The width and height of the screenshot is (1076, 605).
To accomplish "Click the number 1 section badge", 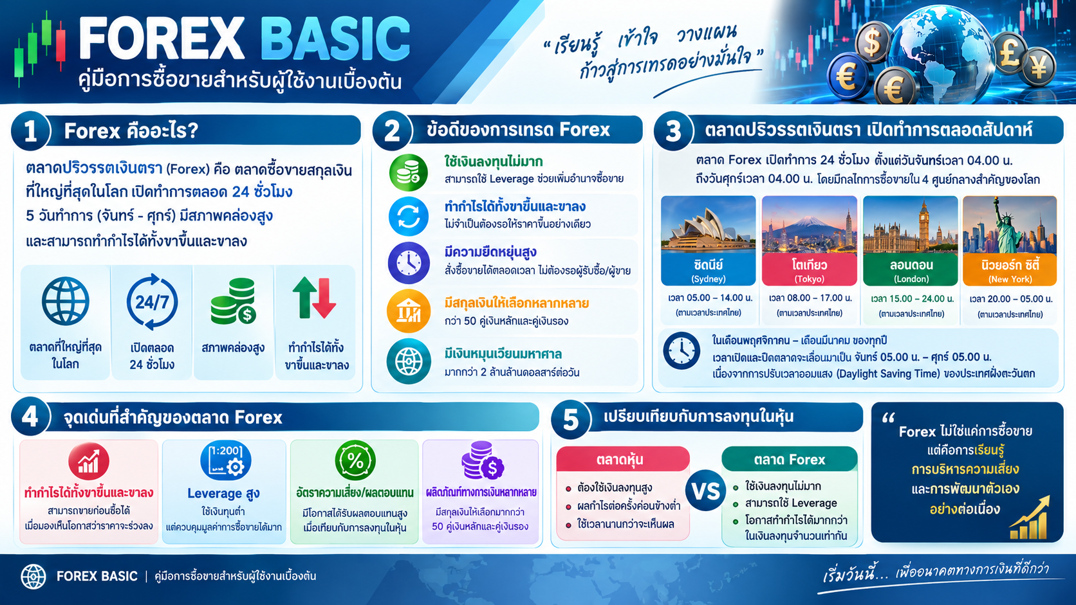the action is [31, 131].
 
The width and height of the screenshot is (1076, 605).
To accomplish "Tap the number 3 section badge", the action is [673, 131].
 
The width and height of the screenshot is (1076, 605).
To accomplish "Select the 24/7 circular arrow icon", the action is [152, 302].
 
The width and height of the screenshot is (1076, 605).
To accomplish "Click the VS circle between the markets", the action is [706, 491].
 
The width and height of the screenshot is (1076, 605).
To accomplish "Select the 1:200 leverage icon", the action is [225, 460].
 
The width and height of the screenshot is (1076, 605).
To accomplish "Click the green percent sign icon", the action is [355, 460].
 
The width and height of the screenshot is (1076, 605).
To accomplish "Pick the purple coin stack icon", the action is [482, 460].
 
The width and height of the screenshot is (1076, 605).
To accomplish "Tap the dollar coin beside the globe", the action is [872, 42].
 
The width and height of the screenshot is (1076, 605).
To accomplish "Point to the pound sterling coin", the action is [1009, 53].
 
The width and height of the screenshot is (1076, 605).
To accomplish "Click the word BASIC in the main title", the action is [335, 39].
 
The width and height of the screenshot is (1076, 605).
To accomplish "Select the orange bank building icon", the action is [408, 311].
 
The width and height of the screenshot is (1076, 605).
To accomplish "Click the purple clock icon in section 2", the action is [408, 263].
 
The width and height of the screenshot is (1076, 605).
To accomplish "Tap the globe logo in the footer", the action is [33, 576].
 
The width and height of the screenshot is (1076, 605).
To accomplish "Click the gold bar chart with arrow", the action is [1030, 518].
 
